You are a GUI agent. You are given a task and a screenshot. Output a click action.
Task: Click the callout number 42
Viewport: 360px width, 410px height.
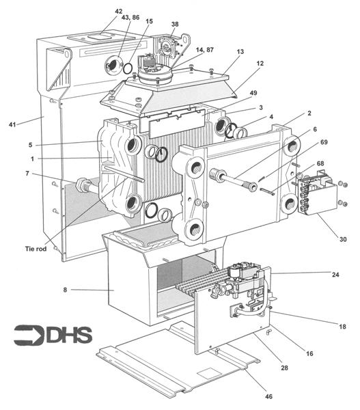click(x=119, y=12)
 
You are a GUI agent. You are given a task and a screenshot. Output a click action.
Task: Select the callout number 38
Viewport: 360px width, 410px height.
click(x=175, y=24)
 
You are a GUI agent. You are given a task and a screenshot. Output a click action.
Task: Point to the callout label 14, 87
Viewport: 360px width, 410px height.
click(x=205, y=50)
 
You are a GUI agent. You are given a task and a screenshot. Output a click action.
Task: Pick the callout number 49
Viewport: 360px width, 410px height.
click(x=254, y=93)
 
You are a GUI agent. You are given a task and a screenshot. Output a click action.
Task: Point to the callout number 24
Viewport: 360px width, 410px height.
click(x=335, y=275)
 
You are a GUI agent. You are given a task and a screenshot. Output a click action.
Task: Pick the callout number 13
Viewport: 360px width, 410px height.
click(x=240, y=51)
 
